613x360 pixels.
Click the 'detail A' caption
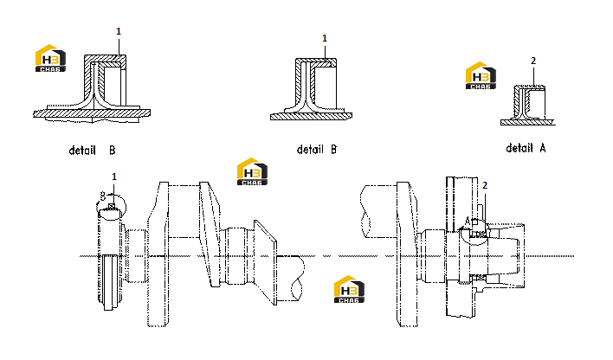[x=526, y=148]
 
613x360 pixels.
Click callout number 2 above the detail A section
[x=533, y=61]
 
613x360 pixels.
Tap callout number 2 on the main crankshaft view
[x=485, y=185]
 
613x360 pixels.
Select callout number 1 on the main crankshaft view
[x=114, y=177]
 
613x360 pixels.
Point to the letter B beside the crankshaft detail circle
[x=103, y=196]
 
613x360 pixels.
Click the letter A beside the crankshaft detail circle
[x=467, y=222]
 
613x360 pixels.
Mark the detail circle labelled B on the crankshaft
[x=112, y=207]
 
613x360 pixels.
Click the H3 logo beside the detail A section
[x=481, y=75]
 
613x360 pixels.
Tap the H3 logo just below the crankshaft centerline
[x=349, y=289]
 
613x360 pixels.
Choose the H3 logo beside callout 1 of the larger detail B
[x=50, y=58]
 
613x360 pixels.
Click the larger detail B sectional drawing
[x=92, y=88]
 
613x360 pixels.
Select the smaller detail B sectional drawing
[x=311, y=89]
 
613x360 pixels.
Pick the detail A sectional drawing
[x=528, y=106]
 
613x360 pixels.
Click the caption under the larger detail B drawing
[x=93, y=150]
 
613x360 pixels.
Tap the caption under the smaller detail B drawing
[x=317, y=150]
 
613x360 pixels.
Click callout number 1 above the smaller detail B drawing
[x=325, y=38]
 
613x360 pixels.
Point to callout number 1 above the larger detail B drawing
[x=119, y=31]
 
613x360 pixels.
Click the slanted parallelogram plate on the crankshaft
[x=266, y=262]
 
